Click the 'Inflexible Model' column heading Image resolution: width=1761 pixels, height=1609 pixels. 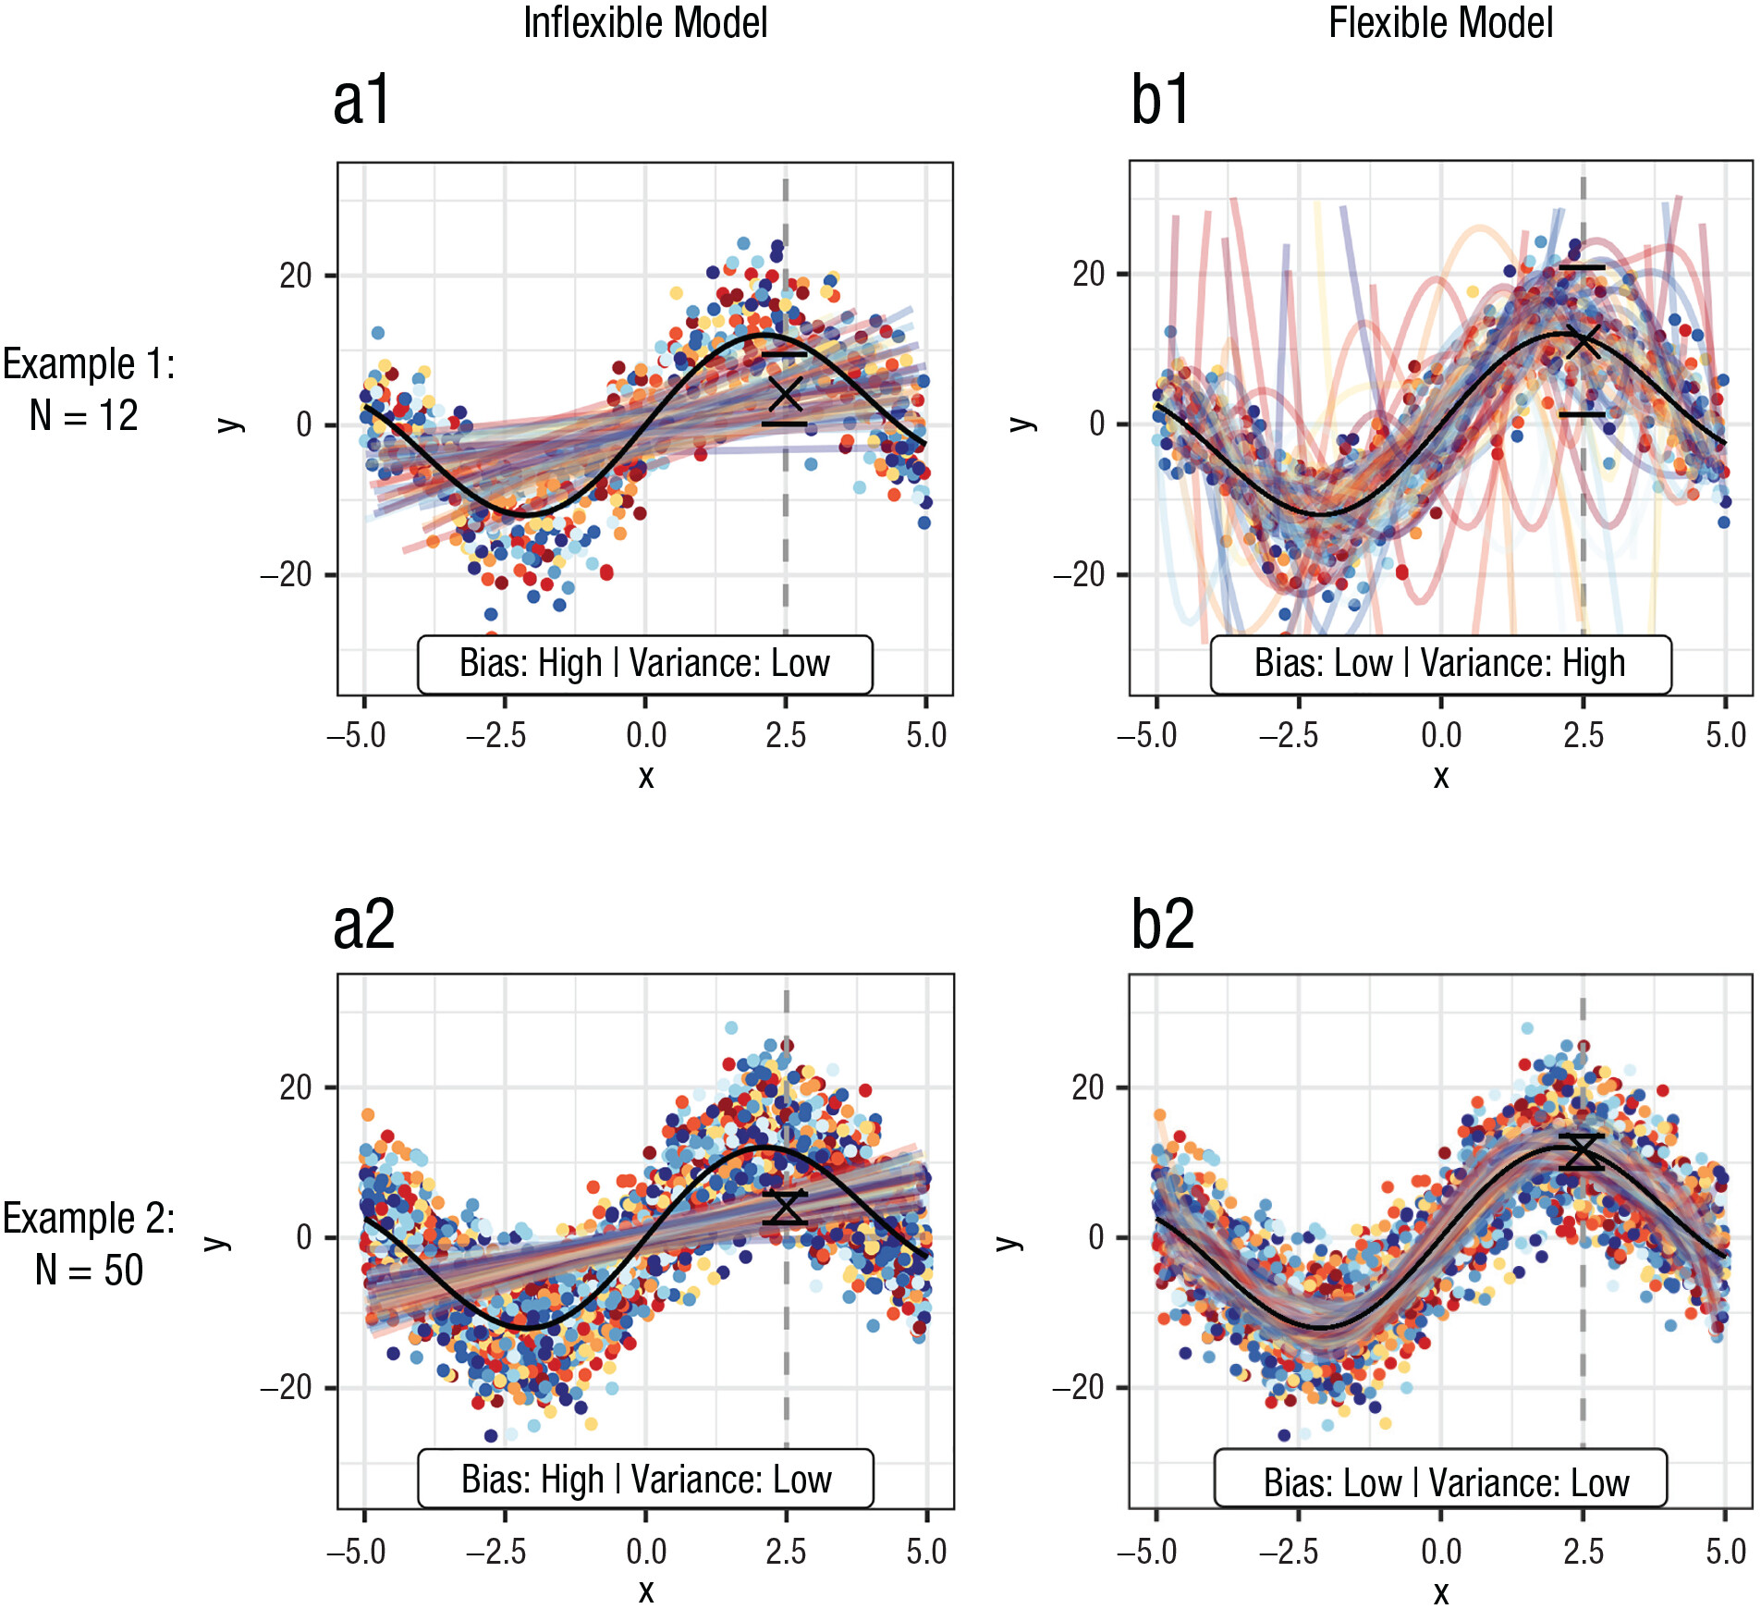coord(645,23)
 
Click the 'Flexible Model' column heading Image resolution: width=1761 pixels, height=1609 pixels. coord(1440,23)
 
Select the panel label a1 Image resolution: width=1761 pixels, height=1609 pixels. coord(362,101)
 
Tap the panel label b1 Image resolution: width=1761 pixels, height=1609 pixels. coord(1160,101)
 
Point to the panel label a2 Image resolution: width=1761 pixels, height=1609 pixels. coord(364,924)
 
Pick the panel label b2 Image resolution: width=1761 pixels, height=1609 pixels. coord(1163,924)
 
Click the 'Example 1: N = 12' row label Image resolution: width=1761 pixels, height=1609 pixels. coord(88,389)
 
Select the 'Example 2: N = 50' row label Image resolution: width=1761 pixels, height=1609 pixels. coord(89,1244)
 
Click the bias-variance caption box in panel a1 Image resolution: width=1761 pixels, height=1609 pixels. coord(645,664)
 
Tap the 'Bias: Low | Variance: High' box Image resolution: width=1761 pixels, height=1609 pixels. coord(1440,664)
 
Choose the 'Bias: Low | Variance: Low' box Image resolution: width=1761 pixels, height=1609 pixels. coord(1440,1481)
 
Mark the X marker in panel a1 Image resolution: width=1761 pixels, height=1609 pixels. coord(786,393)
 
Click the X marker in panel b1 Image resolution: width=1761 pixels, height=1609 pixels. coord(1584,341)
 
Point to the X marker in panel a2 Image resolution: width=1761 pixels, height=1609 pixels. coord(787,1208)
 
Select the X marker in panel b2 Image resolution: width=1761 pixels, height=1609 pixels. coord(1583,1152)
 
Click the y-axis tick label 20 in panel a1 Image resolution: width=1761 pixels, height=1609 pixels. coord(296,276)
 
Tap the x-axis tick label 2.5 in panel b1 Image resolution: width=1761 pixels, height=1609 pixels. coord(1584,736)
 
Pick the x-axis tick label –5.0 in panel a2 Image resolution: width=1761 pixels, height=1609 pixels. coord(357,1552)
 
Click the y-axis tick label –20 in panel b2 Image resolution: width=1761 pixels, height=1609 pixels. coord(1079,1387)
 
